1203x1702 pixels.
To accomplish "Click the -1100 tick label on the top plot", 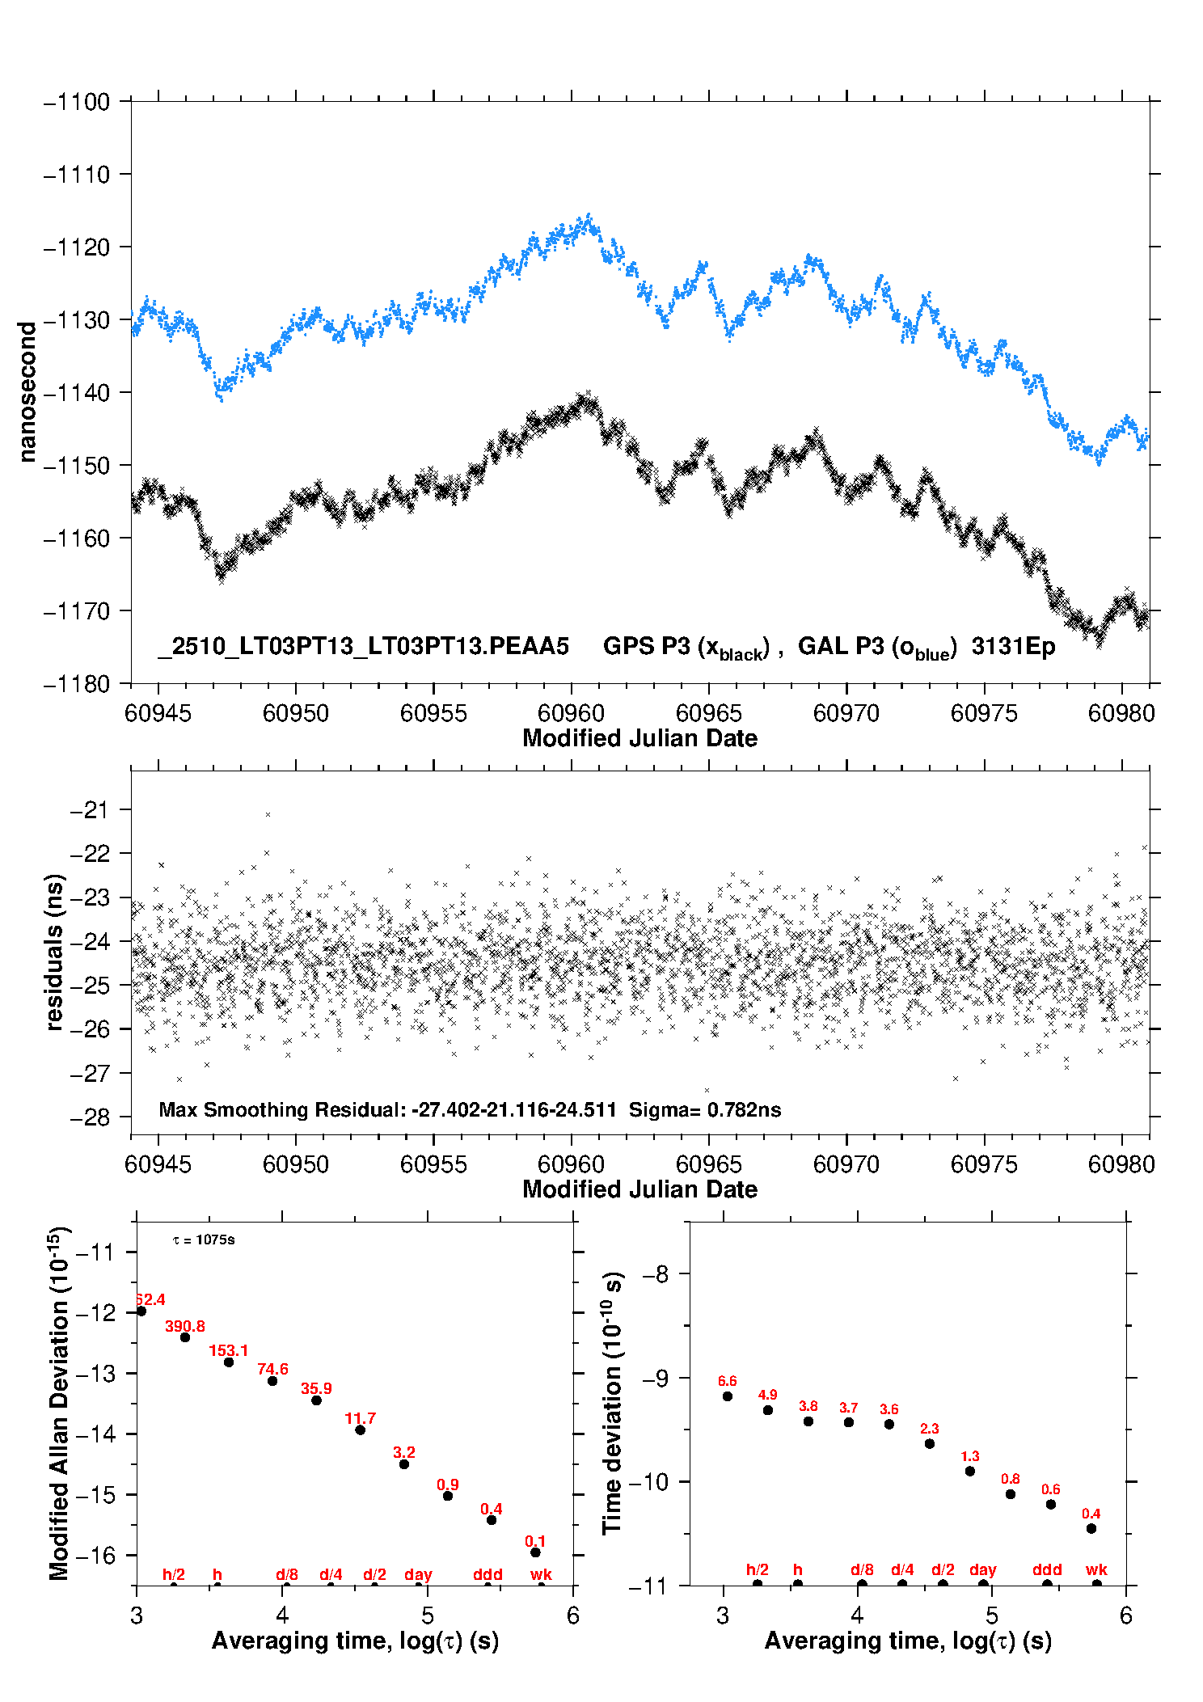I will click(77, 102).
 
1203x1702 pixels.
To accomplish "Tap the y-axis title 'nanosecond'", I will click(27, 392).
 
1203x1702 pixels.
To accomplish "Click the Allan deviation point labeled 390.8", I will click(185, 1337).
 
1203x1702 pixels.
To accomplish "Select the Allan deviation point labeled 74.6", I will click(272, 1381).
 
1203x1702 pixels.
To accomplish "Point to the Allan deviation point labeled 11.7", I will click(361, 1430).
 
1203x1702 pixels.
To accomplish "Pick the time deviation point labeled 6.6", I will click(728, 1396).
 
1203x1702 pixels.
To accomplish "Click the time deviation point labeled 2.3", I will click(930, 1444).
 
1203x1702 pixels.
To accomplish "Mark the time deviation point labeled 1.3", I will click(970, 1472).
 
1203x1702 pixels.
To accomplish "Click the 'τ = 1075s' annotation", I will click(204, 1240).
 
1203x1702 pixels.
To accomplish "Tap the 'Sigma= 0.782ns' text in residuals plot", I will click(705, 1110).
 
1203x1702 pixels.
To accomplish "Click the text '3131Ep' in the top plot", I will click(1013, 647).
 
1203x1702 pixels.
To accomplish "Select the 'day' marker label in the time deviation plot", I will click(983, 1570).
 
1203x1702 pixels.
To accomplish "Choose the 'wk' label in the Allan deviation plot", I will click(541, 1575).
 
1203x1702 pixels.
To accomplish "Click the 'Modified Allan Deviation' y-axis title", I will click(58, 1403).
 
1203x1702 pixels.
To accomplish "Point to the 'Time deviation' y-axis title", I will click(612, 1403).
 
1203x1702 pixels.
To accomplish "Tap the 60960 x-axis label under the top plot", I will click(571, 713).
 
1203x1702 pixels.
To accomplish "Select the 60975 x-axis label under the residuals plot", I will click(984, 1164).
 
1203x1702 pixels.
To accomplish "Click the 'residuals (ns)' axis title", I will click(55, 952).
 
